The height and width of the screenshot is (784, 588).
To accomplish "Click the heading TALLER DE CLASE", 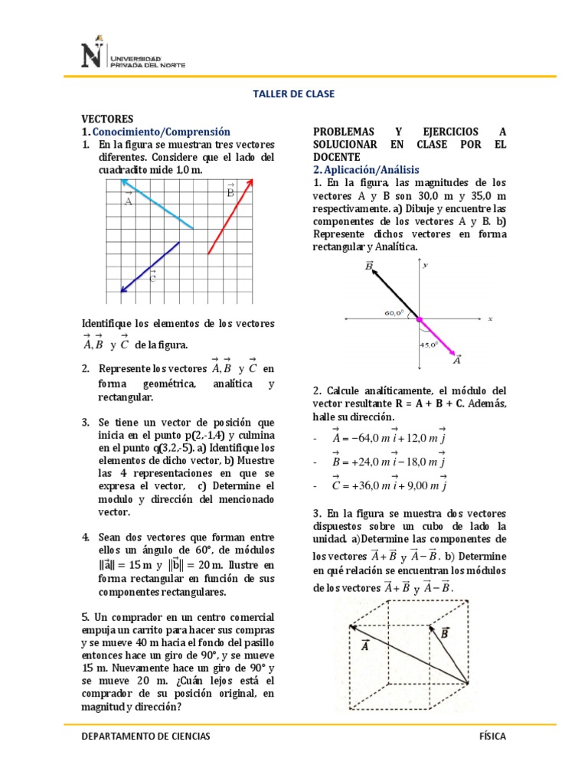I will point(293,94).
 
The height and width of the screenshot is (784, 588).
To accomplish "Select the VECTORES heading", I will point(108,119).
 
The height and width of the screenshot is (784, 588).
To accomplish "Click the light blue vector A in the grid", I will point(157,204).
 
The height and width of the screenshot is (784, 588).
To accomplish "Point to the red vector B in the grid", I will point(230,217).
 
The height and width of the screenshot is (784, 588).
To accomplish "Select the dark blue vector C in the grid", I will point(150,266).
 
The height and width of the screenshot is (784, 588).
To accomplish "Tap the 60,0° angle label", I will point(394,312).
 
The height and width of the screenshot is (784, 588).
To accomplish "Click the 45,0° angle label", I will point(428,345).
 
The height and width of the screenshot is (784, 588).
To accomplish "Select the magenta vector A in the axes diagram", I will point(440,338).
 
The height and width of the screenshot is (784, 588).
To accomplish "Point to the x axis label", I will point(489,318).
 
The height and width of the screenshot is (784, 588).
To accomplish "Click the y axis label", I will point(425,265).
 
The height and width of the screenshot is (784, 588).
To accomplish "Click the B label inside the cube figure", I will point(444,633).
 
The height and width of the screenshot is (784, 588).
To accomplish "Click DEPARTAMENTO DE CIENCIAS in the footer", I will point(145,736).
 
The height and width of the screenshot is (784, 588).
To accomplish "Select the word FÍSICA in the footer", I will point(492,736).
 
